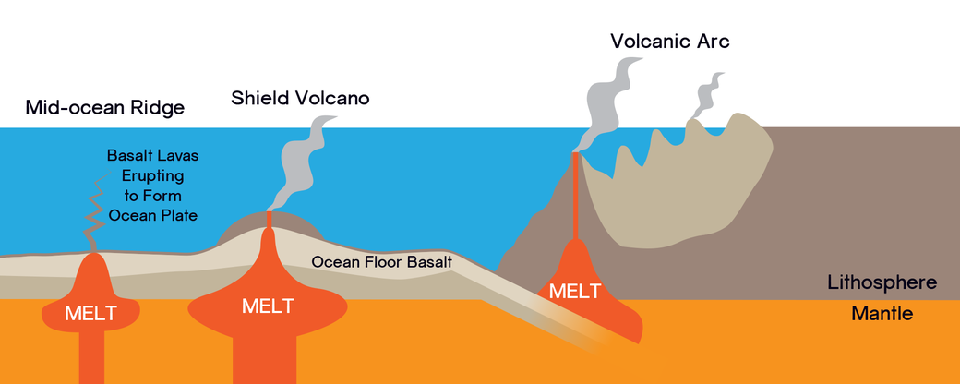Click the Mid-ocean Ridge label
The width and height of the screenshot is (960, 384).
pyautogui.click(x=105, y=108)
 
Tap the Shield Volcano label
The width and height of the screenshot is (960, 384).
pyautogui.click(x=300, y=97)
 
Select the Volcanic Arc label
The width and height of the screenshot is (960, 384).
pyautogui.click(x=670, y=42)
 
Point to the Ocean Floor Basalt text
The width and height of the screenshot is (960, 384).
pyautogui.click(x=381, y=261)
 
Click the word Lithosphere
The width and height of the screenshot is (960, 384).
pyautogui.click(x=894, y=282)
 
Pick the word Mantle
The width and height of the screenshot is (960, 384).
pyautogui.click(x=882, y=314)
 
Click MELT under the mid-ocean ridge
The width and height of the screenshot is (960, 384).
pyautogui.click(x=90, y=313)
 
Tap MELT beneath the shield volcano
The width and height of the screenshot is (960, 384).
pyautogui.click(x=268, y=306)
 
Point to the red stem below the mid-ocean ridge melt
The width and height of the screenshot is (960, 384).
pyautogui.click(x=91, y=355)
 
